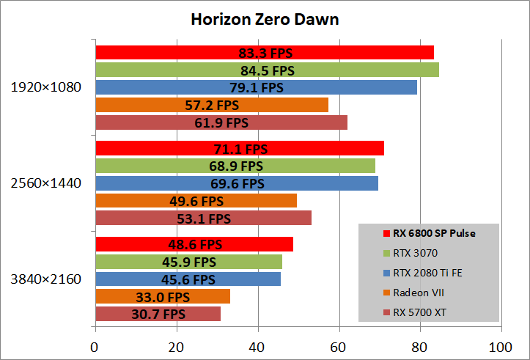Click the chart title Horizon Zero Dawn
(x=265, y=19)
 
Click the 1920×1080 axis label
(x=46, y=87)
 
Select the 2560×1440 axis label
(x=46, y=183)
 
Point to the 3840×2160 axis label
(x=46, y=279)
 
